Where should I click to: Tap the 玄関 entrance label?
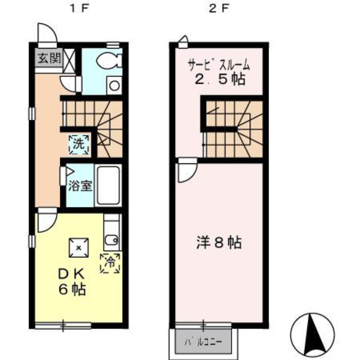pyautogui.click(x=48, y=58)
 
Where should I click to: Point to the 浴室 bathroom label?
pyautogui.click(x=80, y=186)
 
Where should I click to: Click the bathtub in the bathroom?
pyautogui.click(x=108, y=185)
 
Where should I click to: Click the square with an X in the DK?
pyautogui.click(x=79, y=247)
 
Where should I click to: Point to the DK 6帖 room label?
pyautogui.click(x=72, y=281)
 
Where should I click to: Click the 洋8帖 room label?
pyautogui.click(x=219, y=243)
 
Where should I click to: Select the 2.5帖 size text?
pyautogui.click(x=219, y=80)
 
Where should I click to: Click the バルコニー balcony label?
pyautogui.click(x=202, y=342)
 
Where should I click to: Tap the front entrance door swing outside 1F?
pyautogui.click(x=46, y=32)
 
